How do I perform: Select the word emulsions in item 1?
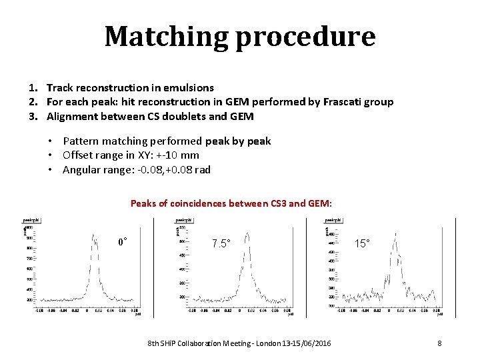pos(191,87)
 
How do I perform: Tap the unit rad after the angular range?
pos(202,169)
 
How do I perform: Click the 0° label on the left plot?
pos(123,241)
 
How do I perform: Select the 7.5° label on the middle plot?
pos(221,243)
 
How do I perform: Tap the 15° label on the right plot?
pos(363,243)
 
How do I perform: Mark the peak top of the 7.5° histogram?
pos(247,233)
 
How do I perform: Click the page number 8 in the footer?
pos(439,343)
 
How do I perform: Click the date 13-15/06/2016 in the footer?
pos(309,343)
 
